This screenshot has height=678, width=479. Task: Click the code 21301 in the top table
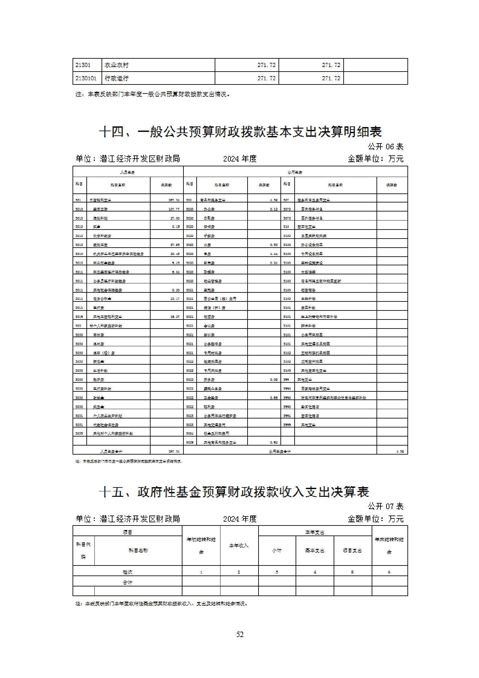(83, 65)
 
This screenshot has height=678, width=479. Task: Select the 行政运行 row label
(116, 78)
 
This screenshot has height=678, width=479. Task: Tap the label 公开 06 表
(386, 147)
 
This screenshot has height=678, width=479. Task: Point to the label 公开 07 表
(386, 506)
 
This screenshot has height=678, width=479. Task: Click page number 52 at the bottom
(240, 634)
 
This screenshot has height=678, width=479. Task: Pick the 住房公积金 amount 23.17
(175, 299)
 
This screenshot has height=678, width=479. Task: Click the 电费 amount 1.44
(274, 254)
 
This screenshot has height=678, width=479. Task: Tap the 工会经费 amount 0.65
(274, 398)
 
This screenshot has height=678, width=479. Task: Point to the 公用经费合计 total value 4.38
(400, 452)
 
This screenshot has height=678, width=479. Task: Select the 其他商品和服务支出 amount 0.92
(274, 443)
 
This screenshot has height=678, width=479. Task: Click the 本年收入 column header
(239, 545)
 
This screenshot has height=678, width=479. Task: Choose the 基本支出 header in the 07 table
(315, 550)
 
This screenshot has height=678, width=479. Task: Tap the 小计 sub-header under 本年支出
(277, 550)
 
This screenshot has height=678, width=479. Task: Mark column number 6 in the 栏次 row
(389, 572)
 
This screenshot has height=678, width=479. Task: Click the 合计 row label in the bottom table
(128, 582)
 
